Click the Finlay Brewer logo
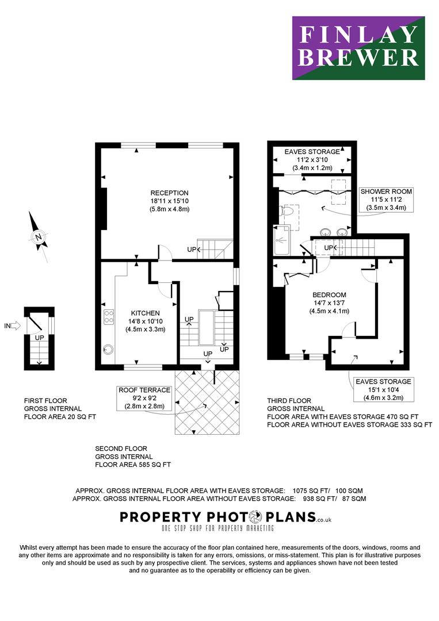(358, 48)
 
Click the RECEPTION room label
(169, 193)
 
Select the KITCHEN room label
(145, 313)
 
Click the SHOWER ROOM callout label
(386, 191)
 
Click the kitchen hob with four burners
(108, 317)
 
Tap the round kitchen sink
(108, 348)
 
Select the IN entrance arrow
(13, 326)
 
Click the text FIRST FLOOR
(45, 400)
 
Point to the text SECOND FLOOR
(121, 448)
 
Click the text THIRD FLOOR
(289, 401)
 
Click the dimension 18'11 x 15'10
(169, 201)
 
